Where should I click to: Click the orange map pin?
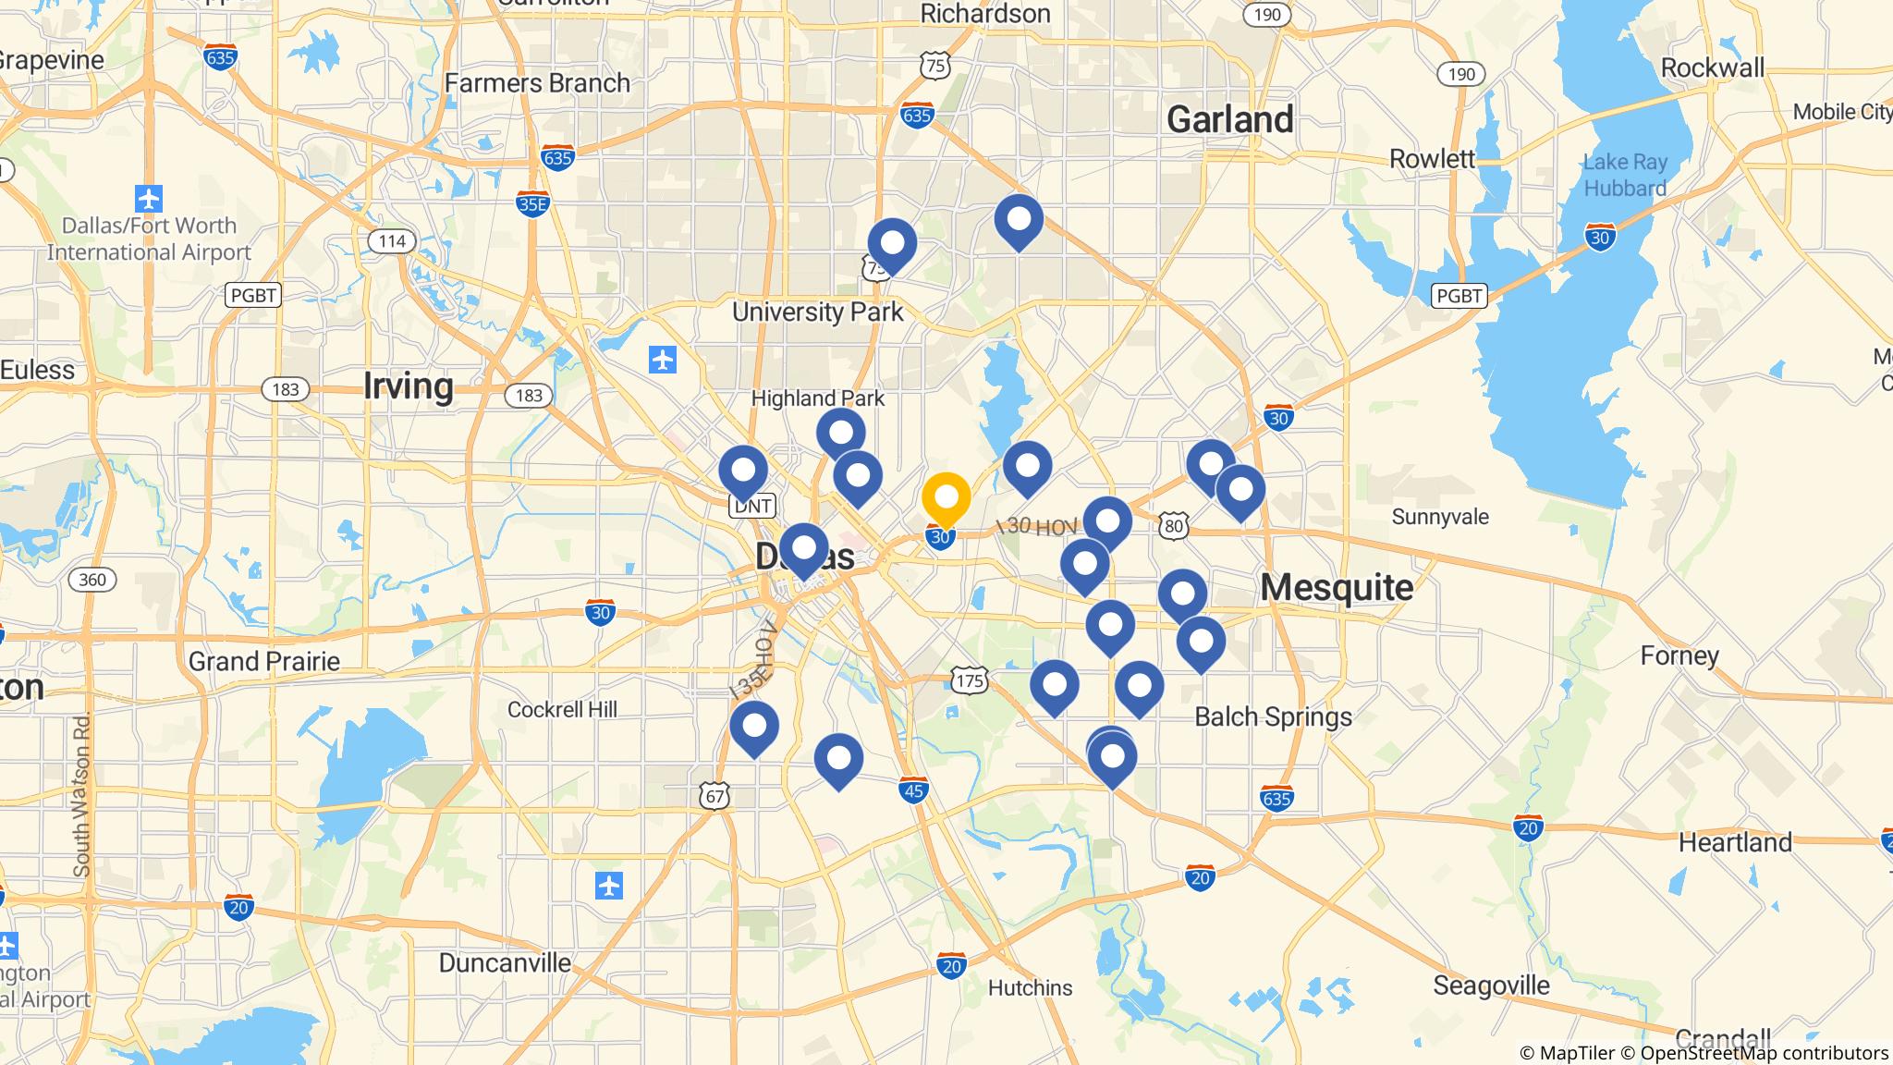tap(946, 498)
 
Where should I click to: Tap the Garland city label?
tap(1229, 119)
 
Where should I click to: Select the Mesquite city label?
tap(1337, 587)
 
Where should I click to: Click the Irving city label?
tap(409, 386)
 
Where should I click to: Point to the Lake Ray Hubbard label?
tap(1625, 175)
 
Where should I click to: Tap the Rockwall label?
tap(1712, 67)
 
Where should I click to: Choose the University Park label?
tap(817, 312)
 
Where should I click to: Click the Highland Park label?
tap(817, 398)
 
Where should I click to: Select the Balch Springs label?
tap(1273, 716)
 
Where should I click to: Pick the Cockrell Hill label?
tap(562, 709)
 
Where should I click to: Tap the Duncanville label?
tap(505, 962)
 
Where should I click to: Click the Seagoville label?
tap(1491, 985)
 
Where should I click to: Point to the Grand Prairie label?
tap(264, 661)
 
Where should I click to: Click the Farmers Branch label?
tap(537, 83)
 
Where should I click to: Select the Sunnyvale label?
tap(1439, 516)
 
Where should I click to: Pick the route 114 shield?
tap(392, 241)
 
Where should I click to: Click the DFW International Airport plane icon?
tap(149, 198)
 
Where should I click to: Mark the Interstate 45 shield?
tap(913, 790)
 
